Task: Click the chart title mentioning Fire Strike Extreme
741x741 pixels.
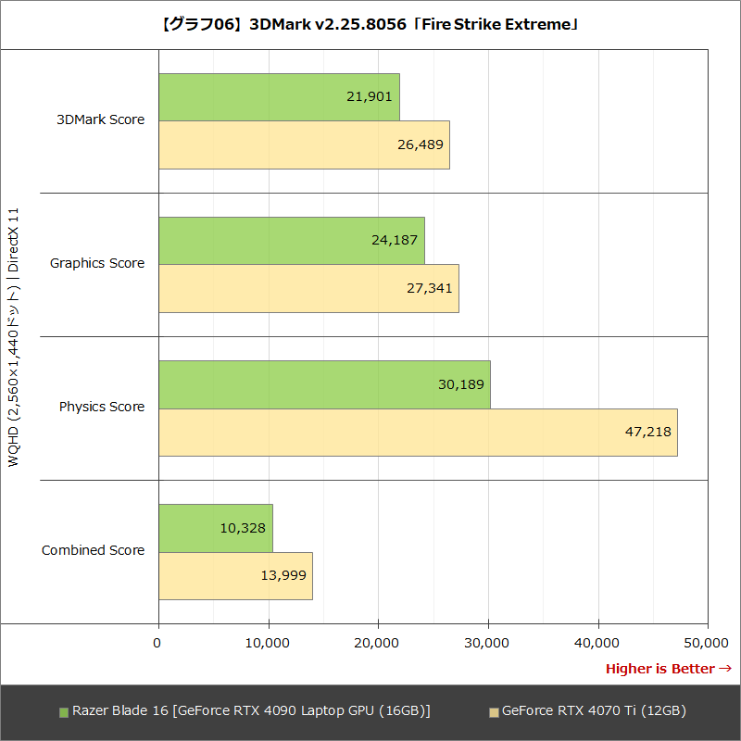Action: pos(370,24)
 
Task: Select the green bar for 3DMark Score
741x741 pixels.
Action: pos(278,97)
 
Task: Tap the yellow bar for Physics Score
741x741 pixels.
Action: pos(417,432)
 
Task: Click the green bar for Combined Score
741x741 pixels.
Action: pos(215,528)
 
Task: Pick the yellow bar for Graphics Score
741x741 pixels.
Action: pos(308,288)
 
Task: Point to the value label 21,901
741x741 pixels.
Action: pos(370,96)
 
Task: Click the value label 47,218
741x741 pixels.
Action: pos(647,432)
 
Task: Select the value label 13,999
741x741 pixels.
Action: pos(283,575)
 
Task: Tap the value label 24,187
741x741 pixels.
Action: pos(396,240)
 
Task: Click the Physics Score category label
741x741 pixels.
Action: pos(102,407)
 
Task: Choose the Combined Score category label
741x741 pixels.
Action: pos(93,550)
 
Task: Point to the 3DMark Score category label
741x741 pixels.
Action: pos(100,119)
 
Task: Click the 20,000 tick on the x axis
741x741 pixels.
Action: pos(378,642)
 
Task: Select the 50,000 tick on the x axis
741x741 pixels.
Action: pos(707,642)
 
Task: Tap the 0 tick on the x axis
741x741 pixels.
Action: pos(158,642)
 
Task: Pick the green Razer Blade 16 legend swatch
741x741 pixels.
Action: pos(64,712)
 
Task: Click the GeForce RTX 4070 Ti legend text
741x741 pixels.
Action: pos(593,711)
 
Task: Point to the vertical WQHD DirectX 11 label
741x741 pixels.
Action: pos(14,337)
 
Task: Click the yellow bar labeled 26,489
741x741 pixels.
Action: pos(304,144)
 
